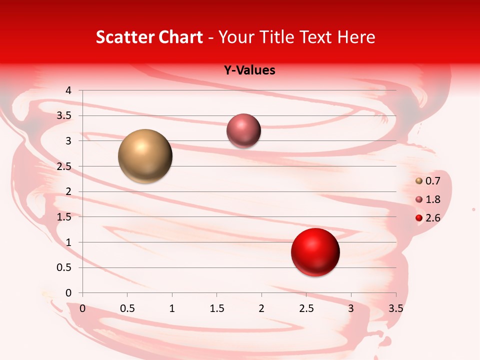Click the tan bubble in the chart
click(145, 156)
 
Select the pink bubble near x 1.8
click(244, 131)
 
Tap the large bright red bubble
click(315, 252)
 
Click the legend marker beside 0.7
click(419, 181)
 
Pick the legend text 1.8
click(433, 199)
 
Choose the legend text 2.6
click(433, 218)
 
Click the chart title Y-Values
click(249, 70)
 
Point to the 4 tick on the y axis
click(69, 90)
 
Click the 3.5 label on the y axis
click(64, 116)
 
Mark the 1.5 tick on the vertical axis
click(64, 217)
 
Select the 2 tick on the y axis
click(69, 191)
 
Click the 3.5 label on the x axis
click(396, 308)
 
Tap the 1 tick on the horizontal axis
click(172, 308)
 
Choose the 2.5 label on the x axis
click(306, 308)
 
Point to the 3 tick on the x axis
click(351, 308)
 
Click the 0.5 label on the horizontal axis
click(127, 308)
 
